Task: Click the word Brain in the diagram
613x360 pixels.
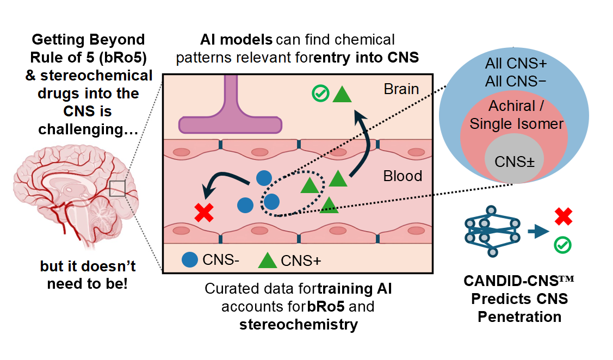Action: (x=401, y=89)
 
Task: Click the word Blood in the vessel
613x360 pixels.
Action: (x=403, y=176)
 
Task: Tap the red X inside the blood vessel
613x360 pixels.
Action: (x=204, y=212)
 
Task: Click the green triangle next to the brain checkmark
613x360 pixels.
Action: (x=342, y=94)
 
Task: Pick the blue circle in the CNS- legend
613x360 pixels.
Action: (x=190, y=260)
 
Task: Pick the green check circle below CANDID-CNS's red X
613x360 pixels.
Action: (x=562, y=245)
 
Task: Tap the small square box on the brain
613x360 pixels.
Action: (x=117, y=188)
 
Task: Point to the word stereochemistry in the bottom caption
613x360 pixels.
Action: (x=298, y=325)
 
